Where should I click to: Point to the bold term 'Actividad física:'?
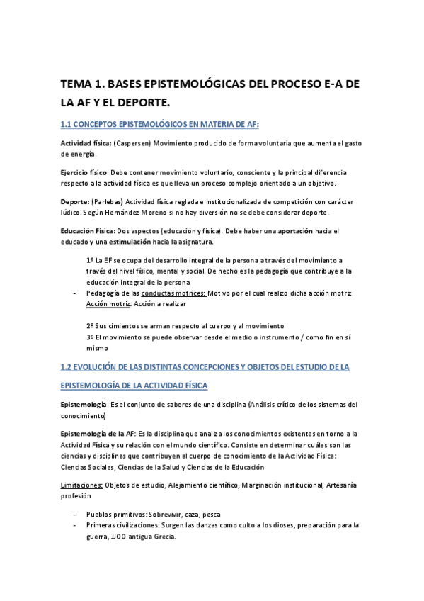pos(85,144)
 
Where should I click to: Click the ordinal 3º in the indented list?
pos(89,337)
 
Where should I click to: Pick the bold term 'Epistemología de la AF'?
pos(97,434)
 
